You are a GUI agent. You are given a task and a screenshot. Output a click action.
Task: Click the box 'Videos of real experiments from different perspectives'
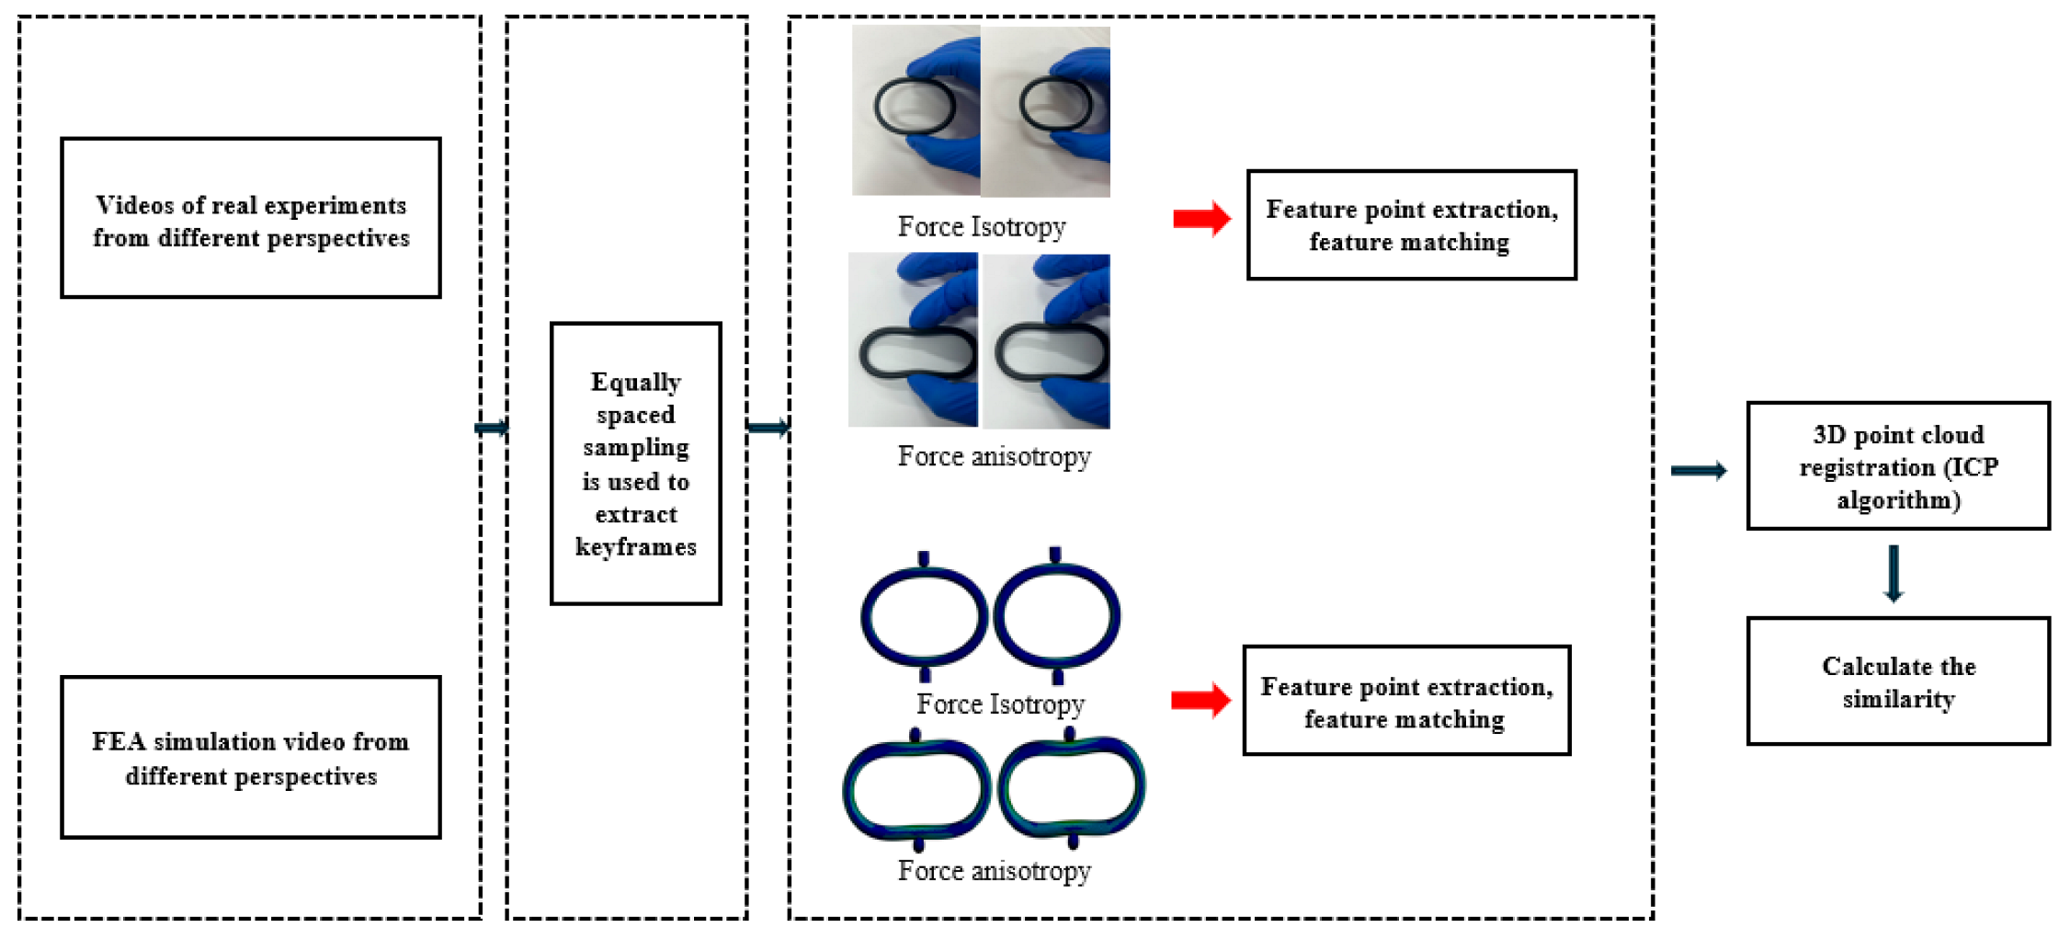pyautogui.click(x=250, y=219)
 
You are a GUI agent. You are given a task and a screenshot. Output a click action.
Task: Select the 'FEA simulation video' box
pyautogui.click(x=250, y=758)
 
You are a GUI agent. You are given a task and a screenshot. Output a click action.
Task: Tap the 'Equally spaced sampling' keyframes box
pyautogui.click(x=635, y=464)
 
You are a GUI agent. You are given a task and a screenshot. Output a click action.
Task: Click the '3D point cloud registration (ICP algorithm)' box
pyautogui.click(x=1898, y=466)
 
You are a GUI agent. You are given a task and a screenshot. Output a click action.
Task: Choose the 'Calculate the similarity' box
pyautogui.click(x=1898, y=681)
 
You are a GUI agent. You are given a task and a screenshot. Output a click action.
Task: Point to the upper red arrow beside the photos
pyautogui.click(x=1201, y=219)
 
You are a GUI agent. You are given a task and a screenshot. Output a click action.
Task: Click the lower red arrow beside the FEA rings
pyautogui.click(x=1200, y=701)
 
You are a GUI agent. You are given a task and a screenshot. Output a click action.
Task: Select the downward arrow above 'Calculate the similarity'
pyautogui.click(x=1894, y=574)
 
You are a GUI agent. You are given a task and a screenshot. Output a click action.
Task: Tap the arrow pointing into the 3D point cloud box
pyautogui.click(x=1699, y=471)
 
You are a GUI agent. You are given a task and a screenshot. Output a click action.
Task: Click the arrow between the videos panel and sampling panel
pyautogui.click(x=492, y=428)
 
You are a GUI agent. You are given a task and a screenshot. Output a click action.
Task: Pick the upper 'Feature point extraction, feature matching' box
pyautogui.click(x=1411, y=225)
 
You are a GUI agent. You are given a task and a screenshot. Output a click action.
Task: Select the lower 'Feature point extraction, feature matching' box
pyautogui.click(x=1406, y=702)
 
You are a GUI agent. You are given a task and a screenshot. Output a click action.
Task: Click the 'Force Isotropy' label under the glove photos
pyautogui.click(x=982, y=226)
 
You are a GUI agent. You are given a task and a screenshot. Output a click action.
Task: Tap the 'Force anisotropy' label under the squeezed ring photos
pyautogui.click(x=994, y=456)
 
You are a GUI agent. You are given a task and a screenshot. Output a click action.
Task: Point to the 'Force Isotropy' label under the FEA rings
pyautogui.click(x=1000, y=704)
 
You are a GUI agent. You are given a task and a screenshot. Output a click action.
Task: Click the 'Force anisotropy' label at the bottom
pyautogui.click(x=994, y=870)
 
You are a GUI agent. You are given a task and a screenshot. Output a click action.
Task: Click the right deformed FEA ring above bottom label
pyautogui.click(x=1072, y=787)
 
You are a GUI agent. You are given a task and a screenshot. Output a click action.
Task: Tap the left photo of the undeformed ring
pyautogui.click(x=916, y=110)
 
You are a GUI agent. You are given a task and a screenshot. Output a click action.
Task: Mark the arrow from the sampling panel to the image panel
pyautogui.click(x=768, y=428)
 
